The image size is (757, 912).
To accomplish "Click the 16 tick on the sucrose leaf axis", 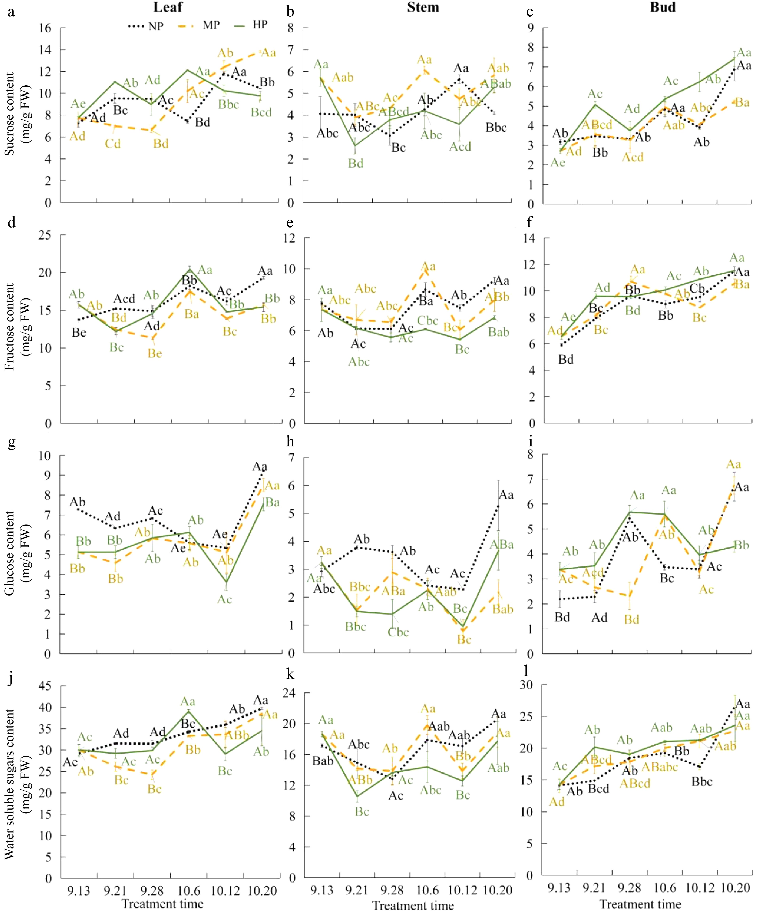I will click(x=45, y=28).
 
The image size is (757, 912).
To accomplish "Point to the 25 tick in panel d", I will click(x=45, y=235).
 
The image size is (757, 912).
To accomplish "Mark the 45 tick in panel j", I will click(x=45, y=686).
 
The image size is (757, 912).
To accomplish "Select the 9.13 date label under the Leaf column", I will click(x=79, y=891).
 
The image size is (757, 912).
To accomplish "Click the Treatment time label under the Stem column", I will click(x=413, y=905).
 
